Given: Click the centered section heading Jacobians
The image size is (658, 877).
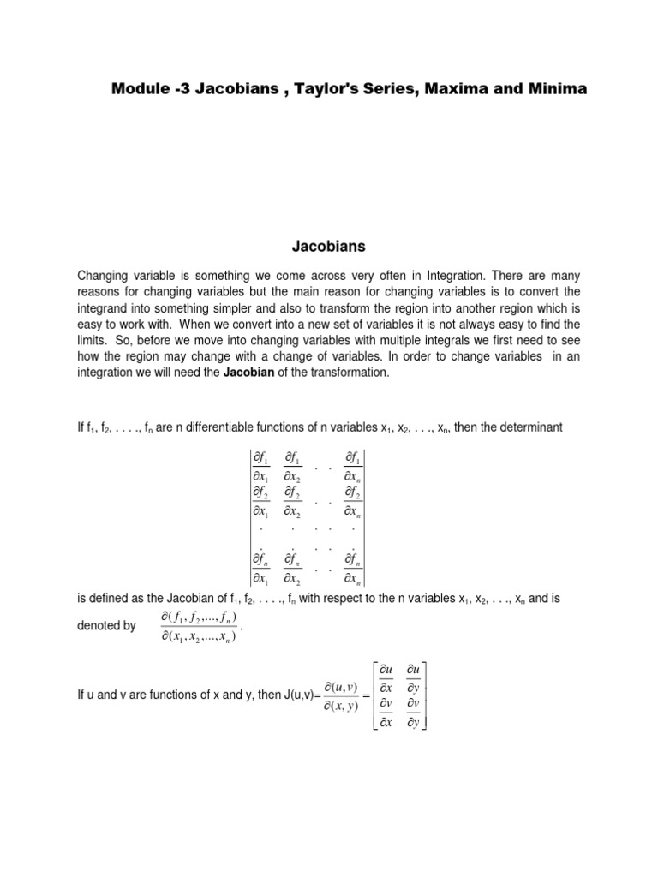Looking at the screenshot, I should tap(329, 247).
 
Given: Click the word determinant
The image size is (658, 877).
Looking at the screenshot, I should tap(530, 427).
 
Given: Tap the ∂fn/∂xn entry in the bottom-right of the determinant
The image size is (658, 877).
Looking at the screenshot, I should tap(353, 567).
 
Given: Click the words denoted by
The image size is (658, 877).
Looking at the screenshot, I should tap(106, 626).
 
